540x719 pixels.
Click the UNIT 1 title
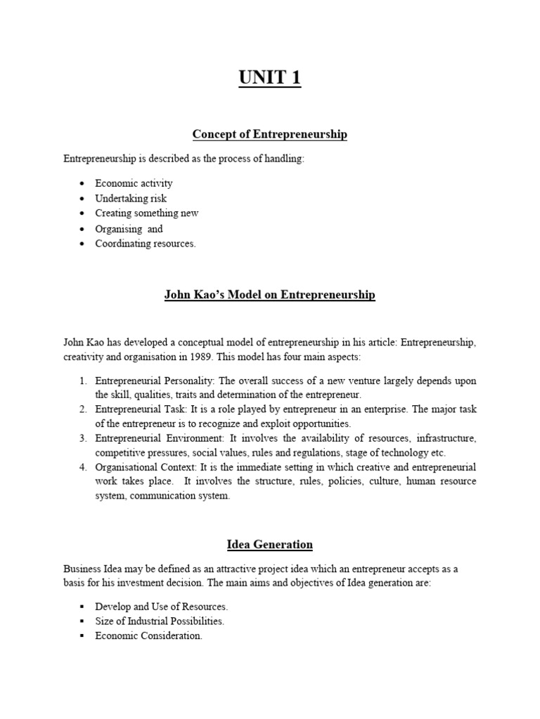(x=269, y=77)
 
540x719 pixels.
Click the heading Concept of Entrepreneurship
(x=269, y=134)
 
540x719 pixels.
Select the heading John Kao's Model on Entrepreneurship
(x=269, y=296)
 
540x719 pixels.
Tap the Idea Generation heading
(x=269, y=544)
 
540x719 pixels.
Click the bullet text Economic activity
(x=134, y=183)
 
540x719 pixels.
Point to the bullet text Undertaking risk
(x=131, y=199)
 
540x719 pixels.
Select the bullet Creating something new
(x=147, y=213)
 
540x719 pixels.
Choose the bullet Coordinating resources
(x=146, y=244)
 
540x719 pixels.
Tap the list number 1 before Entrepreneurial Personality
(x=82, y=381)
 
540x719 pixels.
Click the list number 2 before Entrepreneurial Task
(x=82, y=410)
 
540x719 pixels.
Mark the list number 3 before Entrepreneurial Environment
(x=82, y=439)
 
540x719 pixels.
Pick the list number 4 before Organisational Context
(x=82, y=468)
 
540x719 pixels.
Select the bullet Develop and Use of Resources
(x=162, y=606)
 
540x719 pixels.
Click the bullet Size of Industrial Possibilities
(x=160, y=621)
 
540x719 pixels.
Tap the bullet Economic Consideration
(x=149, y=636)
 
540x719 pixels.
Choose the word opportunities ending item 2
(x=319, y=424)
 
